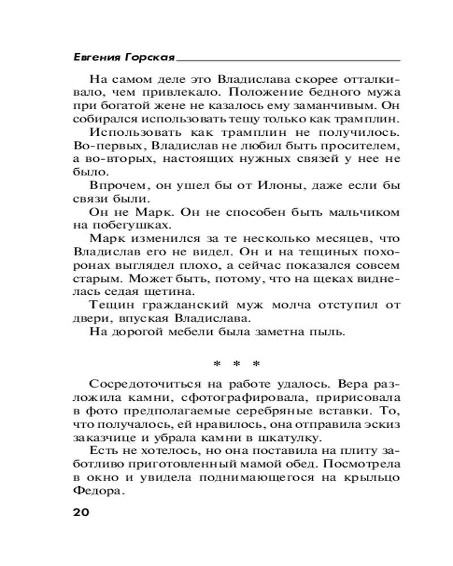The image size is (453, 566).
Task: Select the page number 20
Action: [x=81, y=513]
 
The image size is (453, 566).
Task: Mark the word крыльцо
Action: [x=371, y=478]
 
